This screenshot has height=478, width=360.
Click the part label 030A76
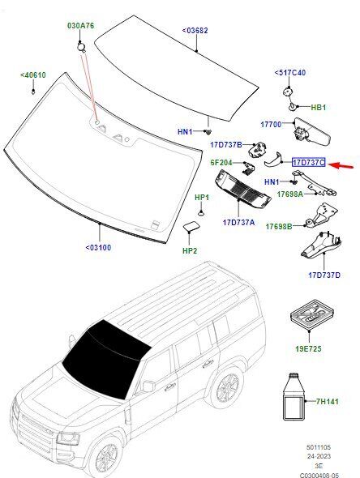click(81, 26)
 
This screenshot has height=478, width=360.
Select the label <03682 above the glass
click(195, 31)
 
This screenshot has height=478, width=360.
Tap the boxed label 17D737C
click(309, 163)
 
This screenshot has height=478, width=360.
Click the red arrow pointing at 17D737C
click(341, 166)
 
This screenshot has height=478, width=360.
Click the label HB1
click(318, 107)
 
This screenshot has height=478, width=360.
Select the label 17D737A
click(238, 222)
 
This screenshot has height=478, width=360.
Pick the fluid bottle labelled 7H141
click(294, 397)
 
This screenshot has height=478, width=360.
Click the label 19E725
click(308, 348)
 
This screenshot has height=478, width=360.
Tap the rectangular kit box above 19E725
click(311, 315)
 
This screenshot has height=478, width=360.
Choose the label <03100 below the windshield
click(98, 247)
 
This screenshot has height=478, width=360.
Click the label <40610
click(33, 75)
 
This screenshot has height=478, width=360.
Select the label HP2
click(190, 251)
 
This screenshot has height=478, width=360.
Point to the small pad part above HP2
click(191, 227)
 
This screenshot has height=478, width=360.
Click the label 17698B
click(279, 227)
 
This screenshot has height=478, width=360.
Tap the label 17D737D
click(324, 275)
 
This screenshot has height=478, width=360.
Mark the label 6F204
click(221, 163)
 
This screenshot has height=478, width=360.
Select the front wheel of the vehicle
click(105, 457)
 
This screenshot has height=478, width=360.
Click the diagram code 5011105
click(319, 447)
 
